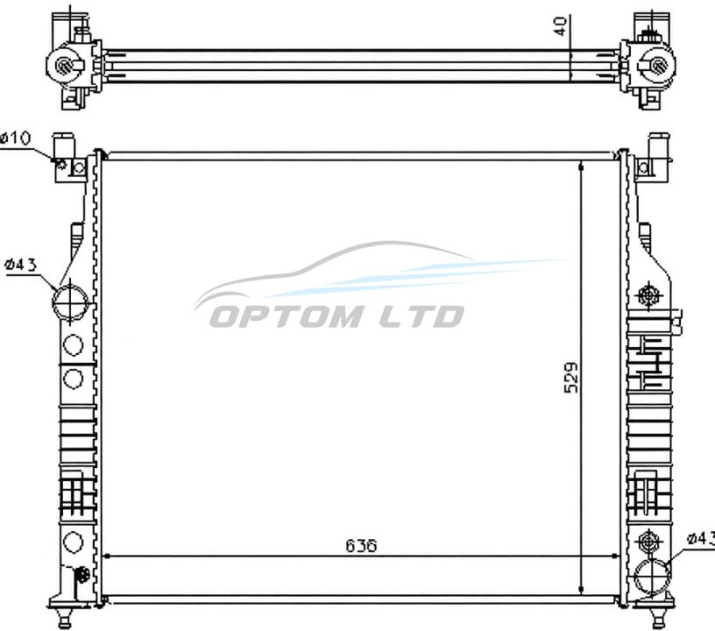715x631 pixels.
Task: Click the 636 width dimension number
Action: click(361, 545)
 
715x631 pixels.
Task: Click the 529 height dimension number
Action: click(571, 378)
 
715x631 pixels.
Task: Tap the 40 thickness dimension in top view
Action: click(560, 26)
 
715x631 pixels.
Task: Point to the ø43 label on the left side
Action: click(20, 265)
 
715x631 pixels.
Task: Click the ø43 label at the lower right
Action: click(701, 538)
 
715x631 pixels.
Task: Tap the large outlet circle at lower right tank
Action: click(653, 577)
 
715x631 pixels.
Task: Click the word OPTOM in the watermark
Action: click(287, 316)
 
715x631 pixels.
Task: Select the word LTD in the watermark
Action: click(421, 316)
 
